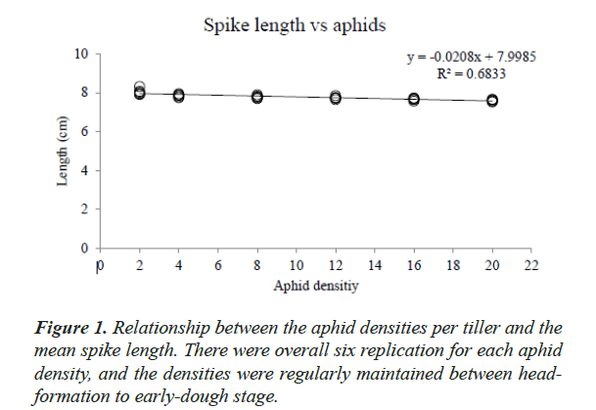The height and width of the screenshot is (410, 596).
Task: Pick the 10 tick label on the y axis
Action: tap(81, 53)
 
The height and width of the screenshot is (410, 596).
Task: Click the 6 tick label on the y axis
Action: tap(84, 131)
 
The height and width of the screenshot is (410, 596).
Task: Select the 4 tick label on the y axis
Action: tap(84, 170)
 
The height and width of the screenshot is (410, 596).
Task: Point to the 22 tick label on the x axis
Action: tap(531, 265)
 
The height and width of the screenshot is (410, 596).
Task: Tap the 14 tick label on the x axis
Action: tap(374, 265)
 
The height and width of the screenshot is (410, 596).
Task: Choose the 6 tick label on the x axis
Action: tap(217, 265)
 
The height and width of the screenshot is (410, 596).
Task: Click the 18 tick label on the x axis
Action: tap(453, 265)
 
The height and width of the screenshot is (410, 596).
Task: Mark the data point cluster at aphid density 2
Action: tap(139, 92)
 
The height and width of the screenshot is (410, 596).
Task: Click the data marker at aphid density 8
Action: tap(256, 96)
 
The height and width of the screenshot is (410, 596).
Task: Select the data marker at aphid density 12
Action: tap(335, 97)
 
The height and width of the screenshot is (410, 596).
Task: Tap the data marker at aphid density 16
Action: tap(414, 99)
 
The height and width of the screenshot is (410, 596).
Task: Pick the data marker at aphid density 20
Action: tap(492, 100)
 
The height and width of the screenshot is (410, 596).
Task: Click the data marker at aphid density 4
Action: tap(178, 95)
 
